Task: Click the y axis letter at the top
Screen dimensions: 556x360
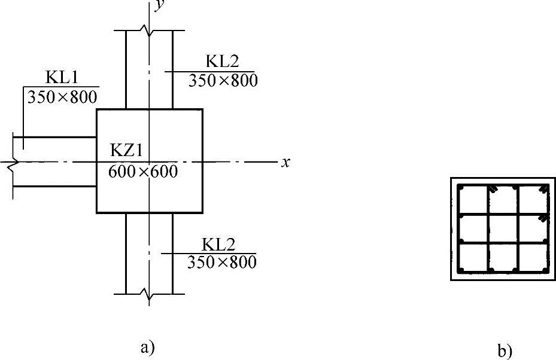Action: coord(159,5)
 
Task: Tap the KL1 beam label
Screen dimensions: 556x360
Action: coord(60,78)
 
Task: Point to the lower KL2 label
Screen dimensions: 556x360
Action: coord(219,245)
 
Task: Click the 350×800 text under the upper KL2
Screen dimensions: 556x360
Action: coord(223,80)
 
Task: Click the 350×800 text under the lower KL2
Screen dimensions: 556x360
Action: coord(221,261)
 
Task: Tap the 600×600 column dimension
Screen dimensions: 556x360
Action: coord(143,172)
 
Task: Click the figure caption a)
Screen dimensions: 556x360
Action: coord(147,347)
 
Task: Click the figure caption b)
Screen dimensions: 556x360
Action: coord(505,350)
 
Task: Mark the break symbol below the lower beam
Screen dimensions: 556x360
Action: coord(149,294)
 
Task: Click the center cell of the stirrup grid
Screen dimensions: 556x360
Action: coord(503,228)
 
